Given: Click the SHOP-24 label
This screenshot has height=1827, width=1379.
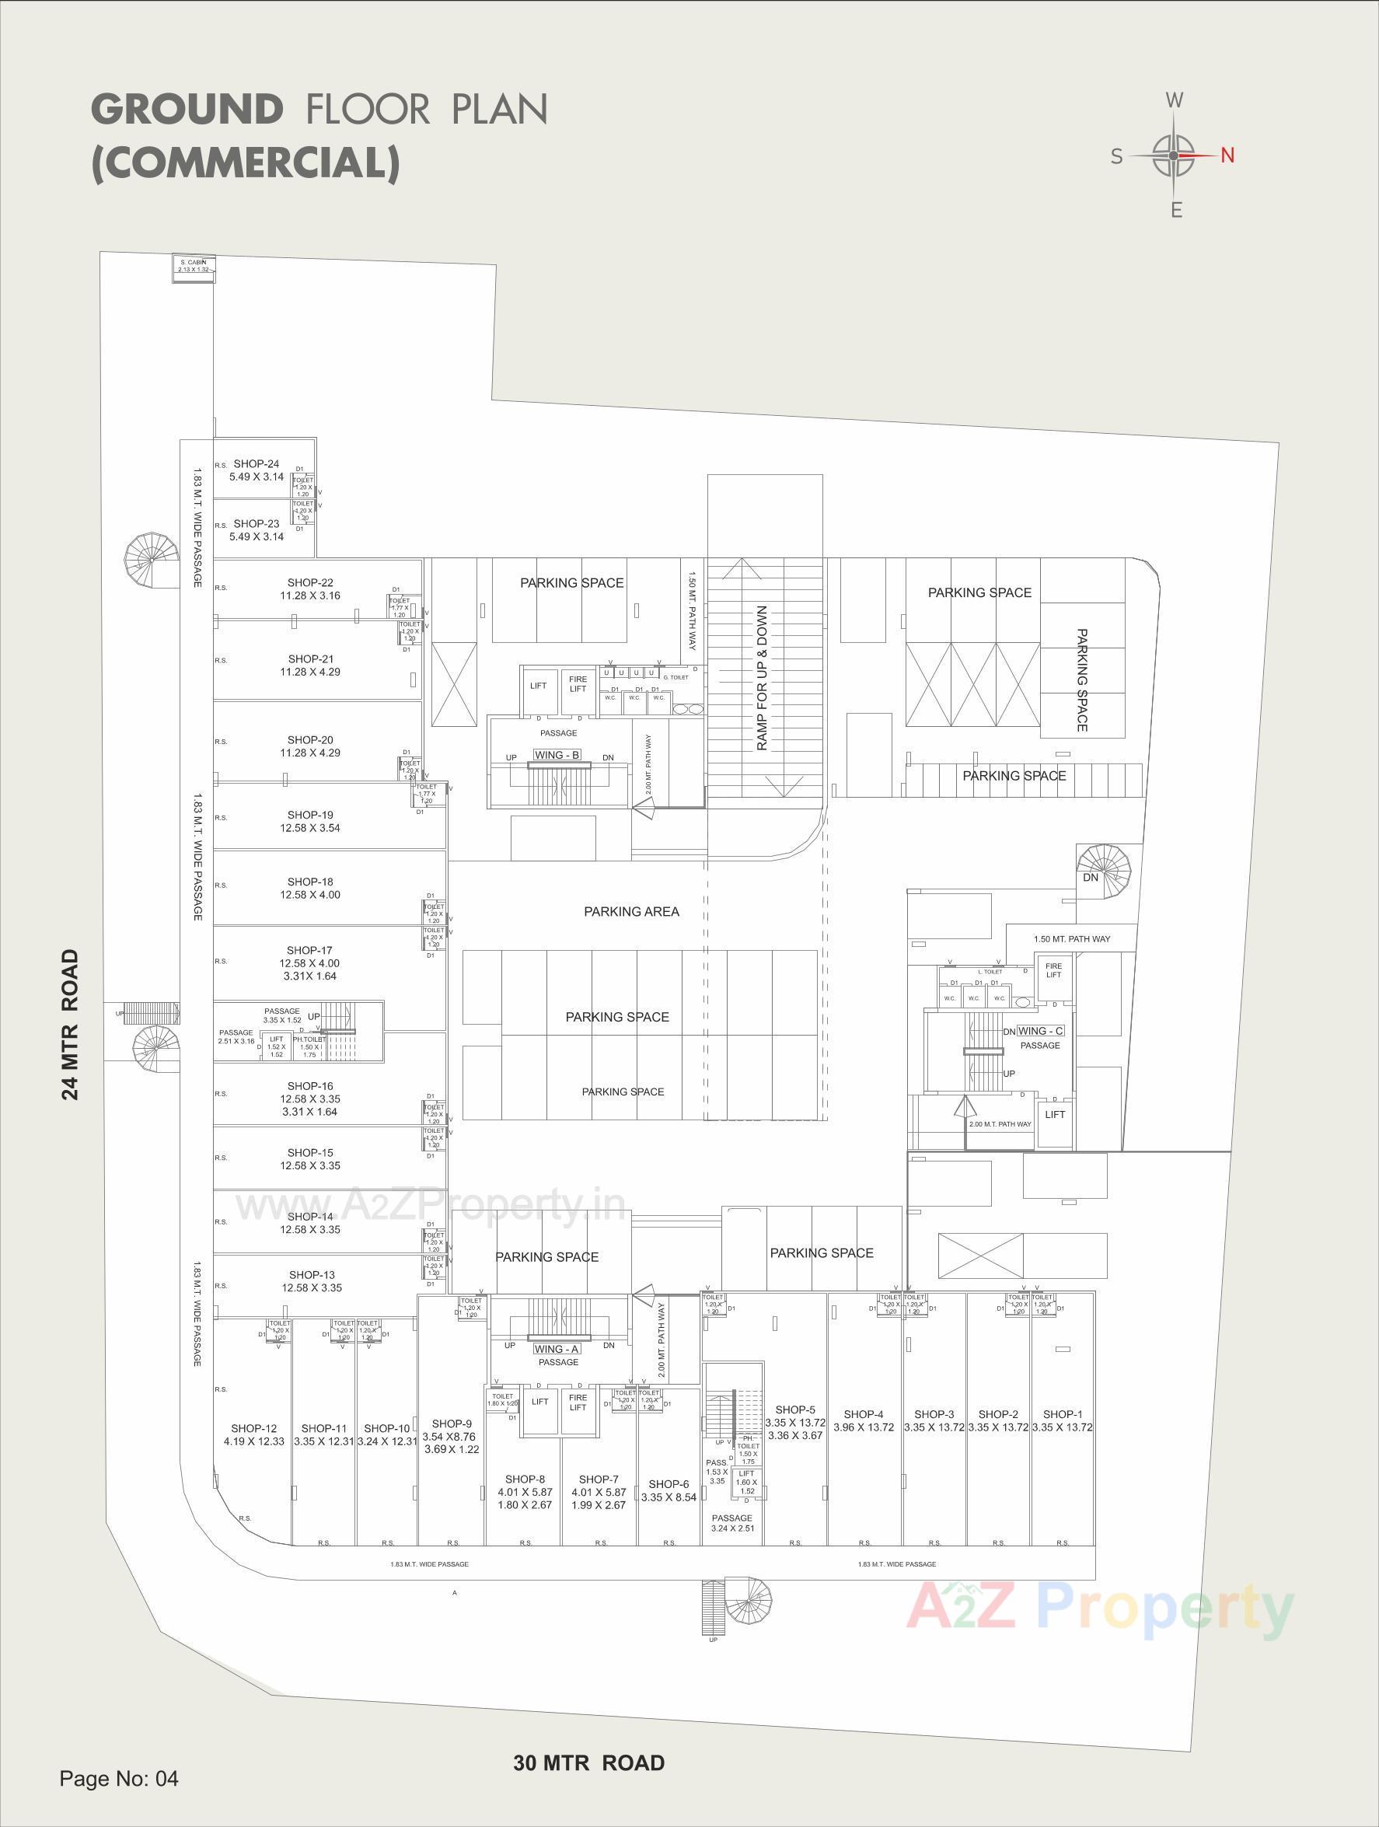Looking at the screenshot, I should click(256, 464).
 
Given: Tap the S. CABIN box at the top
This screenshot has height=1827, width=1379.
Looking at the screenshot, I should click(194, 266).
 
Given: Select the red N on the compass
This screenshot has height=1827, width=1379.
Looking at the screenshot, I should click(1227, 155).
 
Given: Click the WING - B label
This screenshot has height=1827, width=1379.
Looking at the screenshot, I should click(557, 755).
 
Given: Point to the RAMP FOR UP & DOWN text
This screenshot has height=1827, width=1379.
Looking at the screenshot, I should click(761, 678).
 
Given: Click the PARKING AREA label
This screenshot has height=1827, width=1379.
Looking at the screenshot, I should click(631, 912).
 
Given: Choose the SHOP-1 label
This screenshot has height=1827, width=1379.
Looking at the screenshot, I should click(1062, 1414).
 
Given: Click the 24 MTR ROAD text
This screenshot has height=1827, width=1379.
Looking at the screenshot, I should click(72, 1024).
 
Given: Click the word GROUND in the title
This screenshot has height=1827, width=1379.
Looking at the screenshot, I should click(187, 109).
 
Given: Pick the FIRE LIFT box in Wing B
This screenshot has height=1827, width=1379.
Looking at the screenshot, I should click(578, 684).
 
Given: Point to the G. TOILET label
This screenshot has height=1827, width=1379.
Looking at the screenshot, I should click(675, 677).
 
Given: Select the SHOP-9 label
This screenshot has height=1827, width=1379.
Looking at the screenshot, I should click(451, 1423).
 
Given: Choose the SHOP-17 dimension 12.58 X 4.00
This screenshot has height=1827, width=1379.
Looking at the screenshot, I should click(309, 963).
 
